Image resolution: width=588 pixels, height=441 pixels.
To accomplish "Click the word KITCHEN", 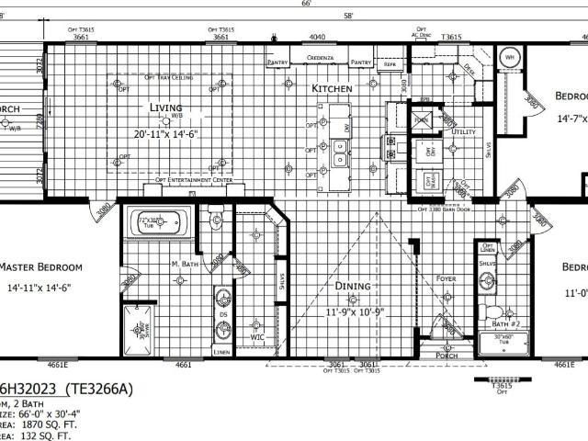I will coord(332,89).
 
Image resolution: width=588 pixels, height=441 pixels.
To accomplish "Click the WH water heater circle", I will coord(509,58).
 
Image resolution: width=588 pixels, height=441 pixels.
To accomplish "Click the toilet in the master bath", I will coord(216,218).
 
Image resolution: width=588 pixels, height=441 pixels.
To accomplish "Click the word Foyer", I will coord(446,277).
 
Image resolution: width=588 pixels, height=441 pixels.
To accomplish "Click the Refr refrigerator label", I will coord(390,66).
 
